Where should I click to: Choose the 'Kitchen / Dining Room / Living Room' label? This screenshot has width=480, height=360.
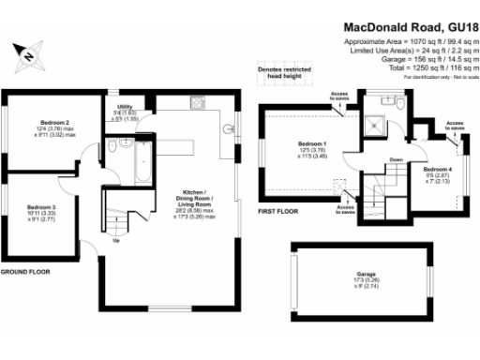197,207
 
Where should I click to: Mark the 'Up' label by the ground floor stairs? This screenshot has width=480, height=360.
115,240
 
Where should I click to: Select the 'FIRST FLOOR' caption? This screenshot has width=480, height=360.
277,212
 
